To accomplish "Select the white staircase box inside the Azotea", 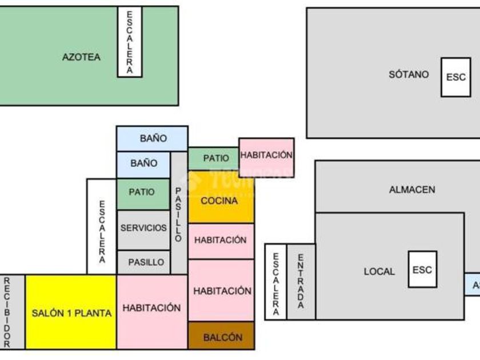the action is [130, 42].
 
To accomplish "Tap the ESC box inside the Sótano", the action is [455, 77].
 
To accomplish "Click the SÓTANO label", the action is [409, 74].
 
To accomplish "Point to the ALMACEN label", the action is [412, 190].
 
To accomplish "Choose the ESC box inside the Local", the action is [422, 270].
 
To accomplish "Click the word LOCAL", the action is [379, 271].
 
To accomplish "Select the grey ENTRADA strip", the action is [301, 281].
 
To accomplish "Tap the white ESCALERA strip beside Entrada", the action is [275, 281].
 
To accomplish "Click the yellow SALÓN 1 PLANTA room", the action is [71, 312].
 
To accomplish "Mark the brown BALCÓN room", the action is [221, 336].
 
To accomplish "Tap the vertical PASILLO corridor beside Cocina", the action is [179, 213].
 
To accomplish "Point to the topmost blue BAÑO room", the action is [152, 138].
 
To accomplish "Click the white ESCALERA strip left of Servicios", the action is [102, 227].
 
